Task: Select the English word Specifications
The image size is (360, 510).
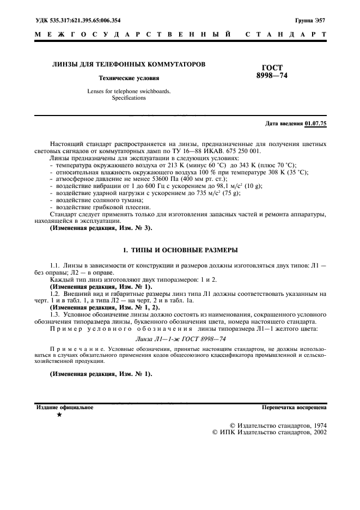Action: click(x=129, y=98)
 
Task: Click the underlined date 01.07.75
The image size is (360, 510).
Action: click(x=316, y=124)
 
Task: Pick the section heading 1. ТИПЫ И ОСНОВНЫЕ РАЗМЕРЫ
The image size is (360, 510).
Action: click(x=180, y=250)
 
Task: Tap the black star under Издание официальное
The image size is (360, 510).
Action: click(x=59, y=415)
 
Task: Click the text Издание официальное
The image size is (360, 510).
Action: click(x=65, y=407)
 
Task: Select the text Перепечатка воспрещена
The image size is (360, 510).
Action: click(x=294, y=407)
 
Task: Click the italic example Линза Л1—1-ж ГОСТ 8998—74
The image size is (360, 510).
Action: click(x=180, y=338)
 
